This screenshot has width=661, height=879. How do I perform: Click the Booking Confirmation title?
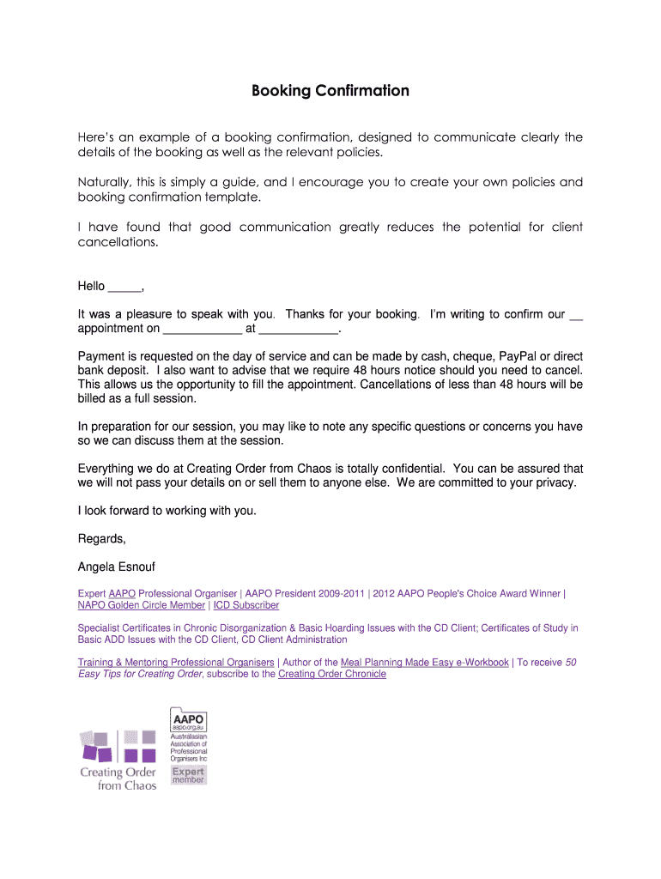(x=330, y=91)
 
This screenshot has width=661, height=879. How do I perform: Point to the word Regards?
(x=101, y=539)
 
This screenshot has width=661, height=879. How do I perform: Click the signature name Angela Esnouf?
(x=117, y=567)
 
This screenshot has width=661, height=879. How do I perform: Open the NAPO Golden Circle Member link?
(x=142, y=605)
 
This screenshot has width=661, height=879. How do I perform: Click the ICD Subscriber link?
(x=246, y=605)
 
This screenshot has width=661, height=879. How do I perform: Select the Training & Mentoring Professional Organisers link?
(x=176, y=663)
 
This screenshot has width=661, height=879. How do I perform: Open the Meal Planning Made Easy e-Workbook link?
(x=424, y=663)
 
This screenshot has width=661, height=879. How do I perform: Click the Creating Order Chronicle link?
(x=332, y=674)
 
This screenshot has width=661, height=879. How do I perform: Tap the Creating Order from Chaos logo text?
(x=118, y=779)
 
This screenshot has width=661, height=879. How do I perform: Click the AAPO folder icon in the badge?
(x=188, y=718)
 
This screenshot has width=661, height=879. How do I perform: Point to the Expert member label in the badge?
(x=188, y=774)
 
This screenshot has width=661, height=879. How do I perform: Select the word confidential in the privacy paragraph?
(x=409, y=469)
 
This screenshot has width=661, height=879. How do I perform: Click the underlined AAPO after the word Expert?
(x=122, y=594)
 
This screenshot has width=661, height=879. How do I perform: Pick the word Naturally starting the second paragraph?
(x=107, y=182)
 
